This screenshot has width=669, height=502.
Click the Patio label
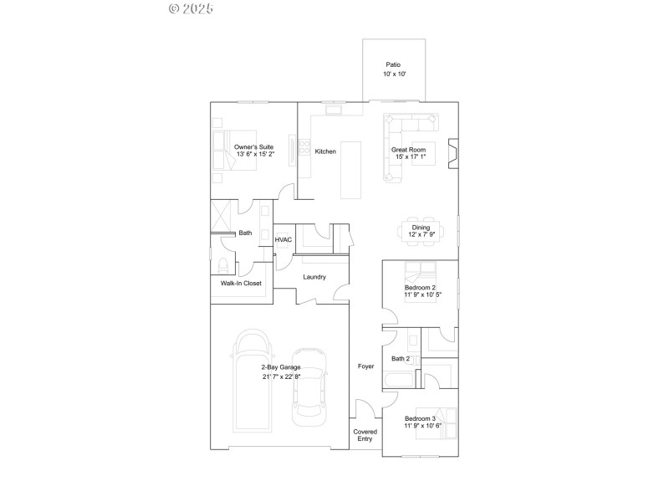[394, 64]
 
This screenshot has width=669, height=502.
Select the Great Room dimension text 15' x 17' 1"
[411, 157]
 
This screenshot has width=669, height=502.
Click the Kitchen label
[325, 151]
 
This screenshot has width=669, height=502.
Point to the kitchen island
[352, 170]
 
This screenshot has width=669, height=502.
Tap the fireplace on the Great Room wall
[452, 154]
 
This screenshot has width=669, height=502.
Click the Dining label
[421, 227]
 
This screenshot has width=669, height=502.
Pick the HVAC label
[283, 240]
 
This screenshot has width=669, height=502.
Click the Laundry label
[314, 277]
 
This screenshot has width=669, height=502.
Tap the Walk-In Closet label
[241, 283]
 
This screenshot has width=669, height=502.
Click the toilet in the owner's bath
[223, 266]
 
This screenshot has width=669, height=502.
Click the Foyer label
[365, 366]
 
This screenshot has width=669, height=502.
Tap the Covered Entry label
[365, 436]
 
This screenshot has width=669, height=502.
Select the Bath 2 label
[401, 359]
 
